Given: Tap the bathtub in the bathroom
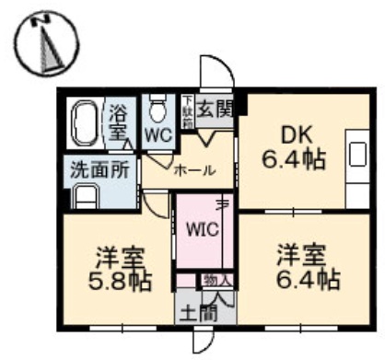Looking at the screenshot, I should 86,122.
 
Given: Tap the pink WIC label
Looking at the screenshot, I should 203,227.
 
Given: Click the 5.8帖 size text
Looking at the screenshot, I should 117,281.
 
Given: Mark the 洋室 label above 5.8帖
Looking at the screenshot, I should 117,255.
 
